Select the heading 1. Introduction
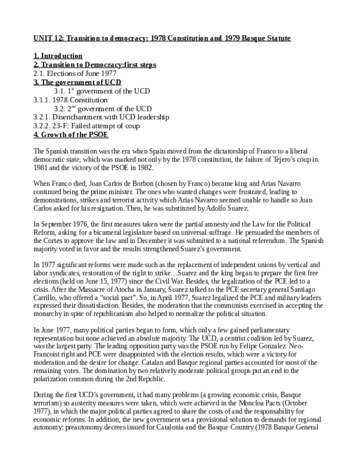tap(58, 56)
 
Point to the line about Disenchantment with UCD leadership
tap(101, 117)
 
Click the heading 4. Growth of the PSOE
tap(70, 135)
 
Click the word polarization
tap(55, 379)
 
